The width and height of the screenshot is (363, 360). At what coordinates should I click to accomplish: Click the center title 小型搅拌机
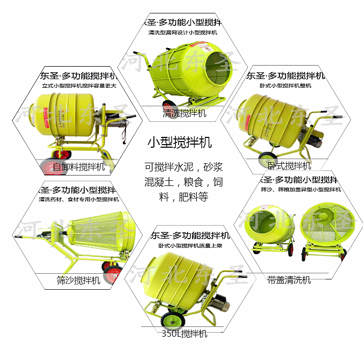pyautogui.click(x=179, y=142)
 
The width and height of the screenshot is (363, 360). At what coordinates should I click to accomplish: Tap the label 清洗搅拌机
pyautogui.click(x=184, y=113)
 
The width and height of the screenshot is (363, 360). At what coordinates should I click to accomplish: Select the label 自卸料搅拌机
pyautogui.click(x=78, y=167)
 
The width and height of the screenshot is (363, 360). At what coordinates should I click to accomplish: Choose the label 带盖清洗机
pyautogui.click(x=289, y=280)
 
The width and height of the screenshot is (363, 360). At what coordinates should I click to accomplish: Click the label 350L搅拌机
pyautogui.click(x=184, y=334)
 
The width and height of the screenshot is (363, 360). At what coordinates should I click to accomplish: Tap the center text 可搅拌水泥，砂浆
pyautogui.click(x=183, y=167)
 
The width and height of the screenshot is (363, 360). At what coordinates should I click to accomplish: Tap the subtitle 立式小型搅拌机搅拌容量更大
pyautogui.click(x=78, y=86)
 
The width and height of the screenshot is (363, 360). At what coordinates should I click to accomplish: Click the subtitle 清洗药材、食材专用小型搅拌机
pyautogui.click(x=78, y=199)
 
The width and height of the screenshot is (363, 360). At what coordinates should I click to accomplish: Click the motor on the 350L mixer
pyautogui.click(x=219, y=303)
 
